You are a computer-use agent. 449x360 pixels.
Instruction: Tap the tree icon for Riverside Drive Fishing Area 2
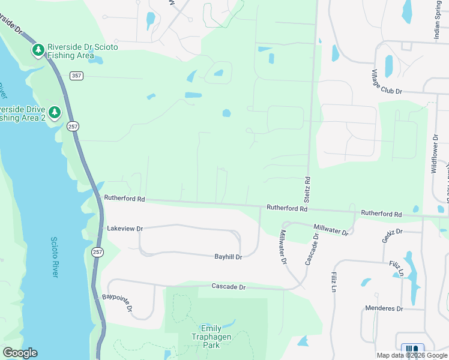[x=55, y=112]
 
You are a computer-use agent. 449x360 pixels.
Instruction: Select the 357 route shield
[x=76, y=76]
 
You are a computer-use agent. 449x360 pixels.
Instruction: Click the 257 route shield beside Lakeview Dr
[x=97, y=253]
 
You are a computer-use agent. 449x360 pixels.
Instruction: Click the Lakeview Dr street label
[x=125, y=229]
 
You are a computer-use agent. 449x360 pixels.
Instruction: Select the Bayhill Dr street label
[x=228, y=257]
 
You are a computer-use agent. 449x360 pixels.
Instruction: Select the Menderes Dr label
[x=384, y=308]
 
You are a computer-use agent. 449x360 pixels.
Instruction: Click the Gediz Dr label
[x=392, y=236]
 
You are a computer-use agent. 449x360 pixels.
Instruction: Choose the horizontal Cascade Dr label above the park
[x=229, y=287]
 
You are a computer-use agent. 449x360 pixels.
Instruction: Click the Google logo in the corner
[x=20, y=353]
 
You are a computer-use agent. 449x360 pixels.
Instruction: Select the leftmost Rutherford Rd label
[x=124, y=198]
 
